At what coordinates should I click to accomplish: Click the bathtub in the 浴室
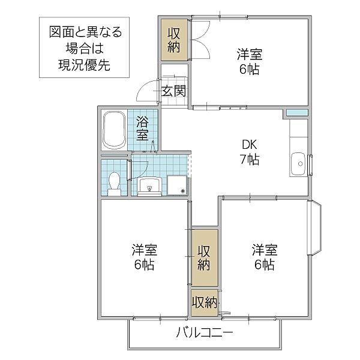click(114, 130)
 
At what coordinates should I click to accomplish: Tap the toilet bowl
click(115, 184)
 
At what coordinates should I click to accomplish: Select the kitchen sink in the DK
click(298, 164)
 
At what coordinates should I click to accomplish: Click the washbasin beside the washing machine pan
click(149, 187)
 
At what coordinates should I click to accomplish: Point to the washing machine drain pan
click(177, 185)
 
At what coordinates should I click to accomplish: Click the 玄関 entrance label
click(173, 91)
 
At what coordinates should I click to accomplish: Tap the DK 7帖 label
click(250, 152)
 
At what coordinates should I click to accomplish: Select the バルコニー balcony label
click(205, 332)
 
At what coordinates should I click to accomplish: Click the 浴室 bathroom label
click(142, 128)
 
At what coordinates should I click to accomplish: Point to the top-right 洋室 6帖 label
click(250, 62)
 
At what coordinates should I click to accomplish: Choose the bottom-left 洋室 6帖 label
click(145, 257)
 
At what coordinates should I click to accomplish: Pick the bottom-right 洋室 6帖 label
click(265, 257)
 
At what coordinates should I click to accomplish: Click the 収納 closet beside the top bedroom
click(174, 40)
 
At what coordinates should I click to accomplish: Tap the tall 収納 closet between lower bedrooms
click(205, 257)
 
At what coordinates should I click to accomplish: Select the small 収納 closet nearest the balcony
click(205, 302)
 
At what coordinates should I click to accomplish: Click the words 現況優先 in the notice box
click(84, 65)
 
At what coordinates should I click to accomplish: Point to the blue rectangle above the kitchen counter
click(296, 113)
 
